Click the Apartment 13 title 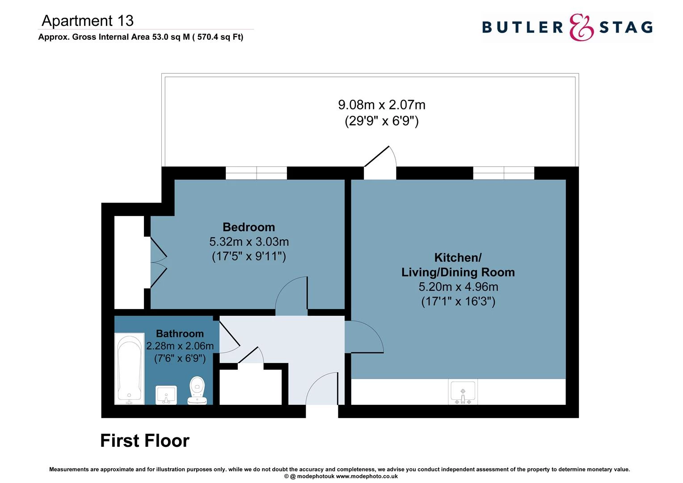click(88, 21)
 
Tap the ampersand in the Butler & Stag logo click(581, 27)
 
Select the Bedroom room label click(249, 227)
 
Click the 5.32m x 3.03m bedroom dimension click(249, 241)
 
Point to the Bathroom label click(180, 334)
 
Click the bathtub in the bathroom click(130, 368)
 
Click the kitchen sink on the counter click(463, 392)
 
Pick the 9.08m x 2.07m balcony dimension click(381, 105)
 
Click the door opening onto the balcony click(380, 163)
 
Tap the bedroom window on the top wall click(256, 173)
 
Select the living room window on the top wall click(503, 173)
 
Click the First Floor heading click(144, 441)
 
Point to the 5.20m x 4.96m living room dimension click(458, 287)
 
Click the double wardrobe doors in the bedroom click(157, 263)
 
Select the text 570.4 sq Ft click(219, 37)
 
